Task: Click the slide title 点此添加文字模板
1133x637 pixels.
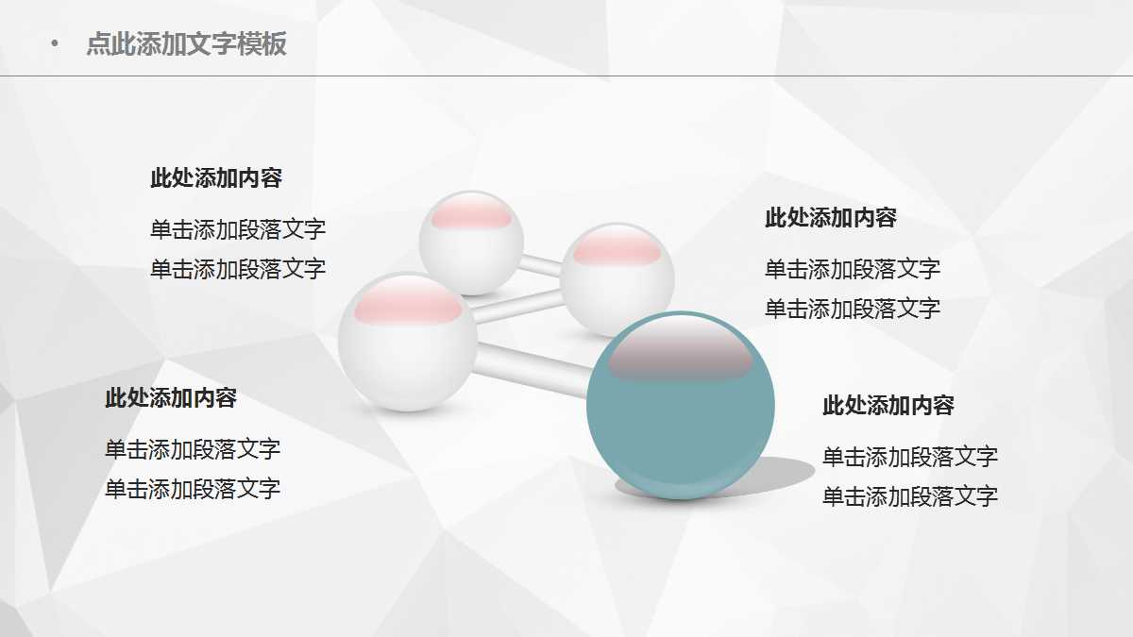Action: click(186, 44)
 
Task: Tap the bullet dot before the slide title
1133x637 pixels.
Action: click(55, 43)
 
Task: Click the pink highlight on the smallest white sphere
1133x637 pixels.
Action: click(471, 216)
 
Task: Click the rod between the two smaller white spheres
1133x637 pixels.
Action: click(541, 265)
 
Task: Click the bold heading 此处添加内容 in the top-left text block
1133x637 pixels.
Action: click(216, 177)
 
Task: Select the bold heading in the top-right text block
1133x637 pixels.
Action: click(830, 218)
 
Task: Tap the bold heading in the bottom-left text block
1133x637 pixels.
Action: click(170, 398)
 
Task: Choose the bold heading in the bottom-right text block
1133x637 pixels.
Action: click(888, 406)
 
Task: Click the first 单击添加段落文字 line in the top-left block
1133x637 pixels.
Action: click(238, 229)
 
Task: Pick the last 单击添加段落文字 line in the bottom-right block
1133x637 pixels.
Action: click(909, 496)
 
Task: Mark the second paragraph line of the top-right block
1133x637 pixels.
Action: click(852, 309)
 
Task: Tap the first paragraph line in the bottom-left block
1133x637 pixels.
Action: click(193, 449)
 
